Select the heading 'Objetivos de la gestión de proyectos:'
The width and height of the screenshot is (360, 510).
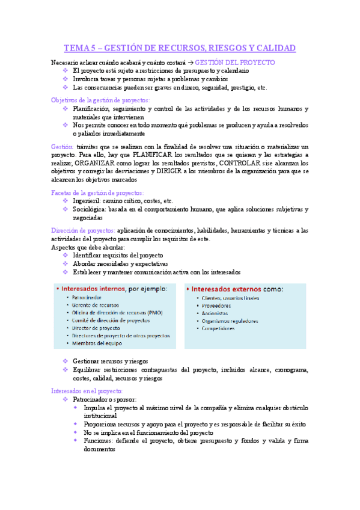click(x=101, y=100)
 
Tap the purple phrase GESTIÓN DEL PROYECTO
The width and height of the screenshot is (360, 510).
click(x=236, y=62)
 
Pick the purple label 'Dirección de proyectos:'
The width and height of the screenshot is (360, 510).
click(x=83, y=230)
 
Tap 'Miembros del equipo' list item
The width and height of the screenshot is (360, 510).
click(x=97, y=343)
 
